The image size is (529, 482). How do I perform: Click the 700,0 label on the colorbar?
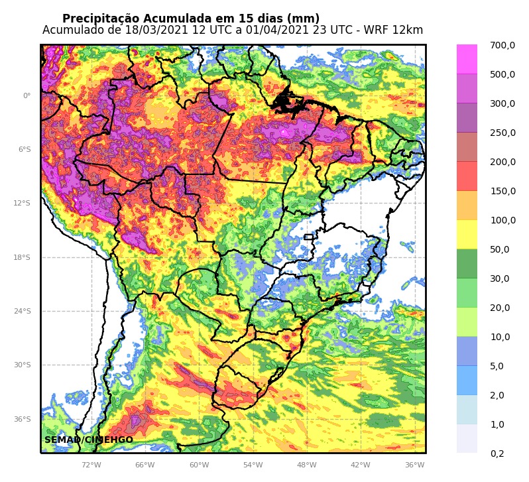502,46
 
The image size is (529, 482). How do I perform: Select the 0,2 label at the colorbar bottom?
497,454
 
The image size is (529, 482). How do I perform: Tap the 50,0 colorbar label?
499,250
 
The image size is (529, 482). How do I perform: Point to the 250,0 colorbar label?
502,133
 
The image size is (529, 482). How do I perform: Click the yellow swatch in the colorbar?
467,235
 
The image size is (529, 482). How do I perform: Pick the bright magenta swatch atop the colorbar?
467,59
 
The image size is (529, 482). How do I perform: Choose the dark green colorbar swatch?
467,264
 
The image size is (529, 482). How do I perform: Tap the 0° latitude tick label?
27,96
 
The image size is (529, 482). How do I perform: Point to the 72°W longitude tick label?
91,465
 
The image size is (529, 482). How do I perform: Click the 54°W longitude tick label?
253,465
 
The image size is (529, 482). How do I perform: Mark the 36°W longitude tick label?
414,465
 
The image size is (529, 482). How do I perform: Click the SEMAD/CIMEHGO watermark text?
89,440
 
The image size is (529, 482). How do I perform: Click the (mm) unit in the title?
304,19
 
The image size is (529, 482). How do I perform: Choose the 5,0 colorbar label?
497,367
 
